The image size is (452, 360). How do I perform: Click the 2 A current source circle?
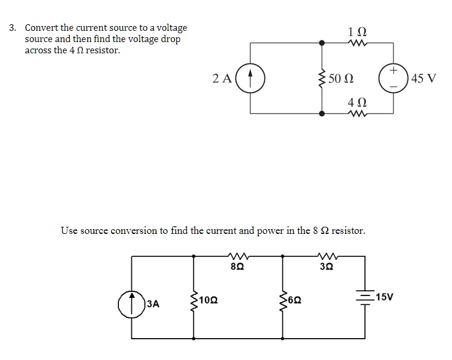coord(250,78)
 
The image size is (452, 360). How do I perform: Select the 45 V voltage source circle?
coord(394,78)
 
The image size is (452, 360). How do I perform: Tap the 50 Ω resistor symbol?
coord(322,78)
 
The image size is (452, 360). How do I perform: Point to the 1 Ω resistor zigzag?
coord(358,43)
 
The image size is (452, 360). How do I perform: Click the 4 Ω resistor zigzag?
coord(358,112)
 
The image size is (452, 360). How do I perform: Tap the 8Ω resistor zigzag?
coord(235,256)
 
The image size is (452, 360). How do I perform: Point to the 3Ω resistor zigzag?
coord(326,256)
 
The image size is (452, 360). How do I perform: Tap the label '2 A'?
coord(222,78)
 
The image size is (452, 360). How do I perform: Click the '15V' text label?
coord(384,296)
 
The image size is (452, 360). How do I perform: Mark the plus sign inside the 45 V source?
coord(394,70)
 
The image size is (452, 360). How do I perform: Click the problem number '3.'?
coord(13,28)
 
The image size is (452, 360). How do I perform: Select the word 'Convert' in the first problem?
coord(41,28)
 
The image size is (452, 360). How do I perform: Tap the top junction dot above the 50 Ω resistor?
coord(322,43)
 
